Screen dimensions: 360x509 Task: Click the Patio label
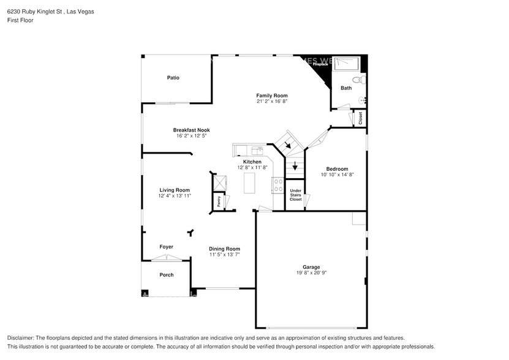pyautogui.click(x=173, y=78)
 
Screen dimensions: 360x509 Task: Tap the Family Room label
pyautogui.click(x=271, y=96)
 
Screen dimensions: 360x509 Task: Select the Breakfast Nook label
pyautogui.click(x=191, y=130)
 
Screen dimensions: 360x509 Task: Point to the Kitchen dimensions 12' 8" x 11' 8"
pyautogui.click(x=252, y=167)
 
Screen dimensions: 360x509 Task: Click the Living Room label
pyautogui.click(x=175, y=190)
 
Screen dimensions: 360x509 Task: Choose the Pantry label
pyautogui.click(x=218, y=200)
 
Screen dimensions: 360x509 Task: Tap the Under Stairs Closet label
pyautogui.click(x=295, y=195)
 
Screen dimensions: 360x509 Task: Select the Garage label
pyautogui.click(x=311, y=267)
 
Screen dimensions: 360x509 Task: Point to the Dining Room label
pyautogui.click(x=224, y=249)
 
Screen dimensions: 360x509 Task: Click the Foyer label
pyautogui.click(x=166, y=247)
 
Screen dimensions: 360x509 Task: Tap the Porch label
pyautogui.click(x=167, y=275)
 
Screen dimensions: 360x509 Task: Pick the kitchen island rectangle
pyautogui.click(x=249, y=182)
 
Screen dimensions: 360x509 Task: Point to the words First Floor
pyautogui.click(x=20, y=20)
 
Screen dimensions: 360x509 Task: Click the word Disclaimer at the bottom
pyautogui.click(x=21, y=338)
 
